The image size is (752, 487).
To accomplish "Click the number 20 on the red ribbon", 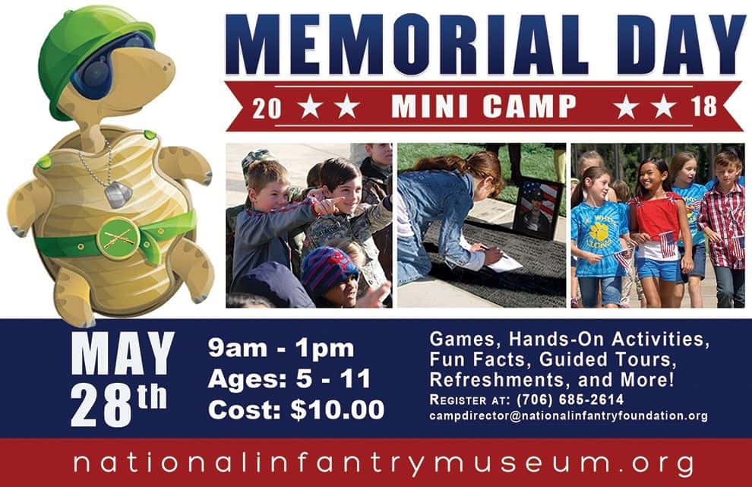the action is click(267, 107).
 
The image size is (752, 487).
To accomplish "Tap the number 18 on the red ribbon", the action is click(703, 106).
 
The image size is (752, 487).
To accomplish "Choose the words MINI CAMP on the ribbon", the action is click(484, 106).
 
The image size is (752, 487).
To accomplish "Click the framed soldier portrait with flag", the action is click(537, 207).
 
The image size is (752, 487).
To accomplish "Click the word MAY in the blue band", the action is click(122, 353).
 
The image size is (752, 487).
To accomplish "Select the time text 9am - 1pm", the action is click(281, 349).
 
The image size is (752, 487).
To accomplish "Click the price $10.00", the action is click(338, 410).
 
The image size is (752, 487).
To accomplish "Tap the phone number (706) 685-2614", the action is click(570, 399).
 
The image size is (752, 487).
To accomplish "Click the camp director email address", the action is click(568, 416).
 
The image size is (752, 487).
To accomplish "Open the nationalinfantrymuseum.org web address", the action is click(384, 463).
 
